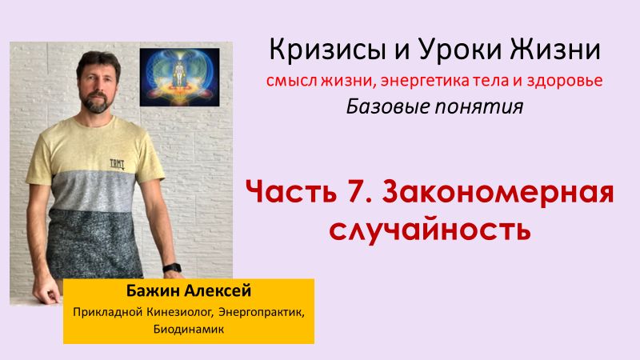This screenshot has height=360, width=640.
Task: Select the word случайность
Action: point(430,230)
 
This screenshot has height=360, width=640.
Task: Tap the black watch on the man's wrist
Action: point(170,269)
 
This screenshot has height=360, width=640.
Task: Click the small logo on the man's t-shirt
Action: point(117,163)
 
